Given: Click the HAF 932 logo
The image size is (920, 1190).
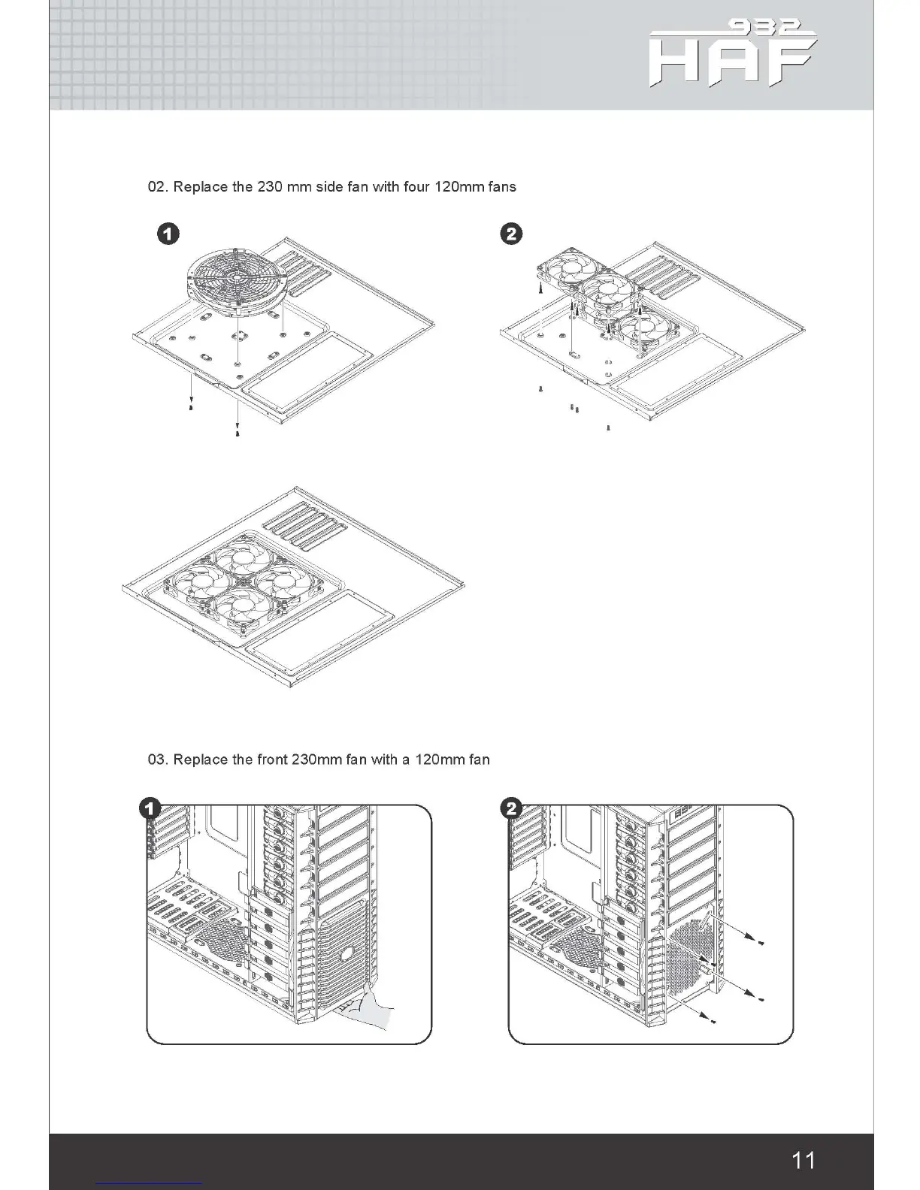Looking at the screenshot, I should coord(733,54).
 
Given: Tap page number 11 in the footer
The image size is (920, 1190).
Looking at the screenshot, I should coord(803,1160).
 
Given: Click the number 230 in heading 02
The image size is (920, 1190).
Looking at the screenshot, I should coord(269,187).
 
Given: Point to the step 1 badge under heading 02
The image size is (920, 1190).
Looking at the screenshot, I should coord(168,234).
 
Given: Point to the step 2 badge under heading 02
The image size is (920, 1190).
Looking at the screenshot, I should coord(511,234).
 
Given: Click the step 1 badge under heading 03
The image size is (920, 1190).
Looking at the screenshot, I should coord(149,808).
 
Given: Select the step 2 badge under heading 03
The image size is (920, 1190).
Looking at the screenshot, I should coord(511,808).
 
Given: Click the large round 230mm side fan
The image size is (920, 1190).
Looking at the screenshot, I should coord(234,280).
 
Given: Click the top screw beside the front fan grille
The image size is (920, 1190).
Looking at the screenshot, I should coord(762,943).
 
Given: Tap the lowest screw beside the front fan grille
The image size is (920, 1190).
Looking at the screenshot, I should coord(713,1021).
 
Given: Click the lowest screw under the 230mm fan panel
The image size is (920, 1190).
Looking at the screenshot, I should coord(238,433).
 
